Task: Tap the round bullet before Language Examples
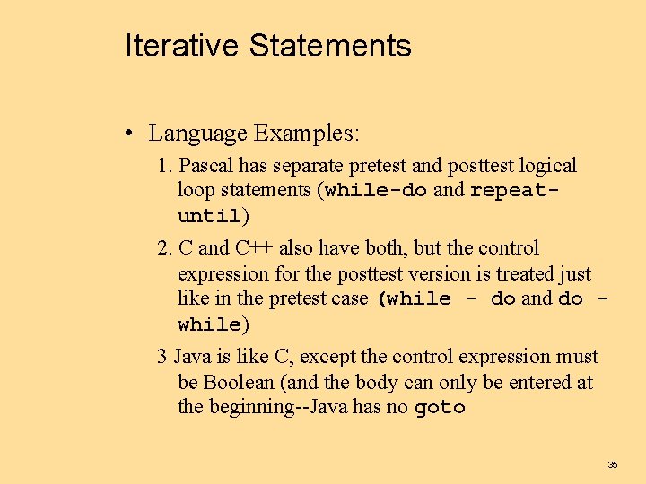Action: coord(131,134)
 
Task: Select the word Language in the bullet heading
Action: coord(197,134)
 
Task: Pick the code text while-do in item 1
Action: coord(376,190)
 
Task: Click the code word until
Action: coord(210,216)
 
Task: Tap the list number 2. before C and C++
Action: coord(165,248)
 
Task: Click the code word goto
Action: coord(440,408)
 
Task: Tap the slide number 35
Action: coord(613,464)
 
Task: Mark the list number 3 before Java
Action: coord(162,357)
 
